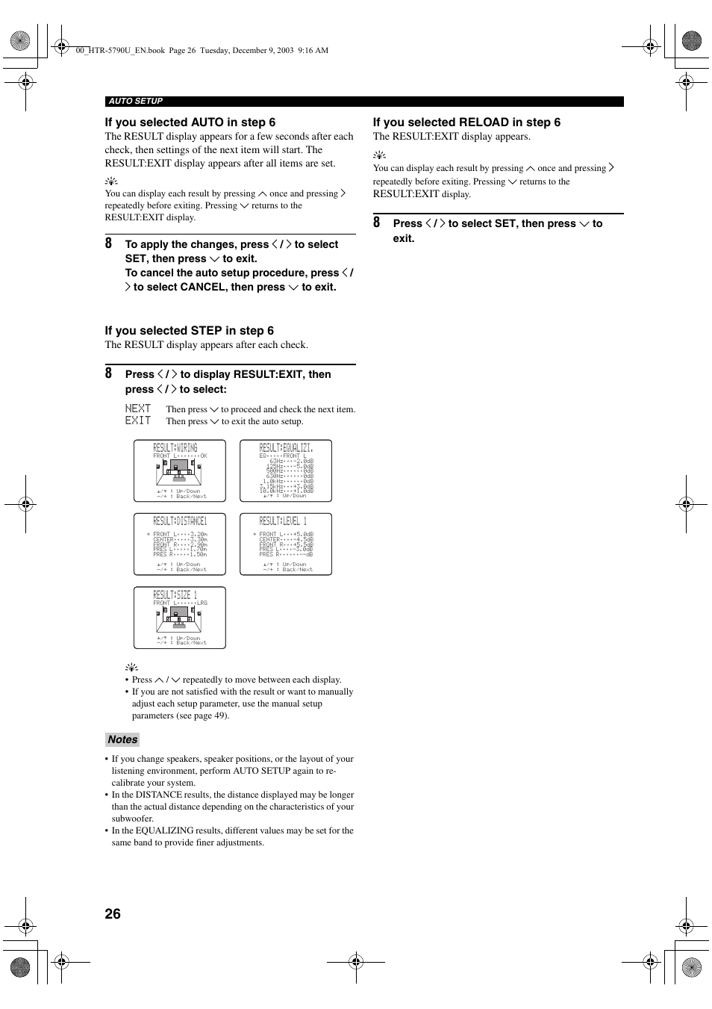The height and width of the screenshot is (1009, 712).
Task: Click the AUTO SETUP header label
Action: tap(135, 102)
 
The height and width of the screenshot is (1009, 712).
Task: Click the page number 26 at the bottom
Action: tap(113, 914)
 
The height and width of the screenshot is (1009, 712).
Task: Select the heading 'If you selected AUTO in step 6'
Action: tap(190, 122)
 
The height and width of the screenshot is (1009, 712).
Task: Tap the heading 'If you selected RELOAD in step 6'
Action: tap(466, 122)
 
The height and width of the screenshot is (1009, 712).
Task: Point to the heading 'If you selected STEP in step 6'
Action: tap(189, 331)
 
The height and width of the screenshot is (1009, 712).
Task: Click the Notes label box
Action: tap(122, 739)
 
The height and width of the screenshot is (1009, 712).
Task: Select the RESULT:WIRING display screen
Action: tap(180, 471)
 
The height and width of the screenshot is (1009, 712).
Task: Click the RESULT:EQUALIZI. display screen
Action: tap(286, 471)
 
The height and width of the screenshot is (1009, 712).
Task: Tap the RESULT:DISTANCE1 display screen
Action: tap(180, 544)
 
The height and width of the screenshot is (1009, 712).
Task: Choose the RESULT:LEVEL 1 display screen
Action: tap(286, 544)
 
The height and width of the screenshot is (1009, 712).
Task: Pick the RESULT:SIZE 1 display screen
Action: tap(180, 618)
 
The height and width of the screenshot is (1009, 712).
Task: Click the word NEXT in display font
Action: tap(138, 409)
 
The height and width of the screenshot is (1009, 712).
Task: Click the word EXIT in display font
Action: tap(138, 420)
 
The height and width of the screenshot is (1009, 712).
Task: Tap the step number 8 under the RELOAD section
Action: tap(377, 223)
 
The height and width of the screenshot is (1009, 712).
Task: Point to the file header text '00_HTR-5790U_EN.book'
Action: tap(120, 51)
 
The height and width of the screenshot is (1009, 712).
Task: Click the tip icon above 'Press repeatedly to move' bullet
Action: tap(131, 668)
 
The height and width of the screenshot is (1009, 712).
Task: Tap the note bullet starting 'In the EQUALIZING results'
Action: tap(231, 836)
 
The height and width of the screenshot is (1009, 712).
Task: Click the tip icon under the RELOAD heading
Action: tap(379, 155)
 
